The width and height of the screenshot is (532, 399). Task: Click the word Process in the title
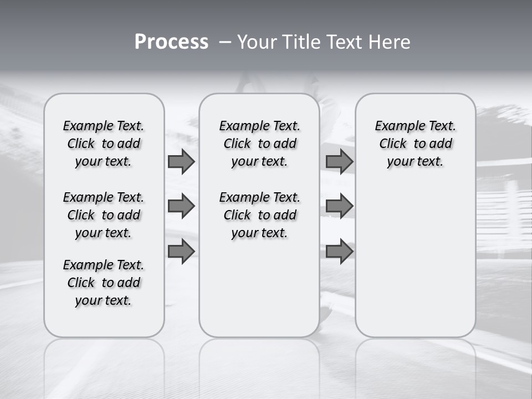tap(171, 42)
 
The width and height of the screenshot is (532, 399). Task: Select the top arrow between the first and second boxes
tap(181, 161)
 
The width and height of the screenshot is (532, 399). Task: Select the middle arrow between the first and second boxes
tap(181, 206)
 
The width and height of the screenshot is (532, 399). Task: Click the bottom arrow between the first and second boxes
tap(181, 251)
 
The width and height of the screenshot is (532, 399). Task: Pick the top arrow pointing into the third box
tap(339, 161)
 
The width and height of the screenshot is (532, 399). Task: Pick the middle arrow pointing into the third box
tap(339, 206)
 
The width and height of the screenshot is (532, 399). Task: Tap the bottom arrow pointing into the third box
tap(339, 251)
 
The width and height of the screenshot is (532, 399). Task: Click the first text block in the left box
tap(104, 144)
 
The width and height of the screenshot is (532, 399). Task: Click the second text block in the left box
tap(104, 215)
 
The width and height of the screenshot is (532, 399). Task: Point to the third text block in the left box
tap(104, 283)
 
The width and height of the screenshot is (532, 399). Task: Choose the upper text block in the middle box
tap(259, 144)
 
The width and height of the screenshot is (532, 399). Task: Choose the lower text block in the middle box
tap(259, 215)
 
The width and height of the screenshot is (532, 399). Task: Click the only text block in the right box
tap(415, 144)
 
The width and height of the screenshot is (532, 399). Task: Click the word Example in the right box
tap(395, 126)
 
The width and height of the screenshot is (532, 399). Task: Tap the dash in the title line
tap(224, 42)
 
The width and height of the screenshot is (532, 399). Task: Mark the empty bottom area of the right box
tap(415, 266)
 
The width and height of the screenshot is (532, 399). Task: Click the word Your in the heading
tap(255, 42)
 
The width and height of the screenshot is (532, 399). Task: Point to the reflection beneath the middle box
tap(259, 366)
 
